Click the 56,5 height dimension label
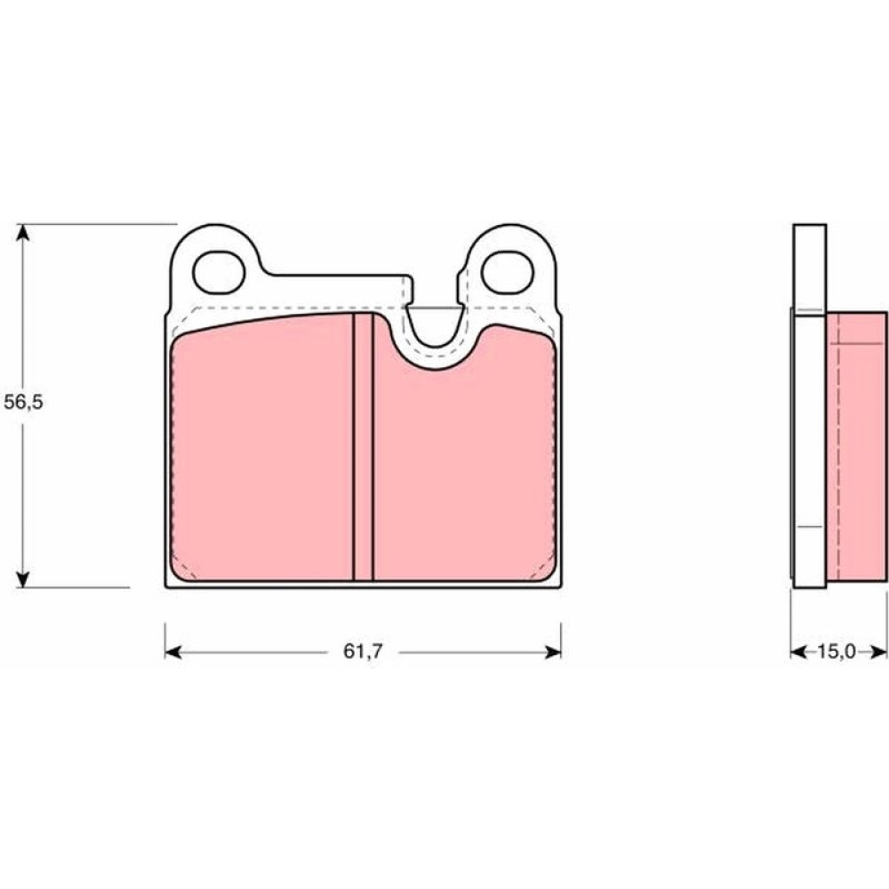coord(23,403)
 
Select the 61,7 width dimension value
coord(363,652)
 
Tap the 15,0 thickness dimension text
coord(836,652)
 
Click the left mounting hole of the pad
coord(219,272)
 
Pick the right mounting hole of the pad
coord(508,272)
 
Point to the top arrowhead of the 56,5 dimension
coord(23,232)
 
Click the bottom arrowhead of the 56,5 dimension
coord(23,580)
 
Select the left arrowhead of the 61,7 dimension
coord(173,653)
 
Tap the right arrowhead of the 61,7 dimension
coord(553,653)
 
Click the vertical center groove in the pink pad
coord(363,447)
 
